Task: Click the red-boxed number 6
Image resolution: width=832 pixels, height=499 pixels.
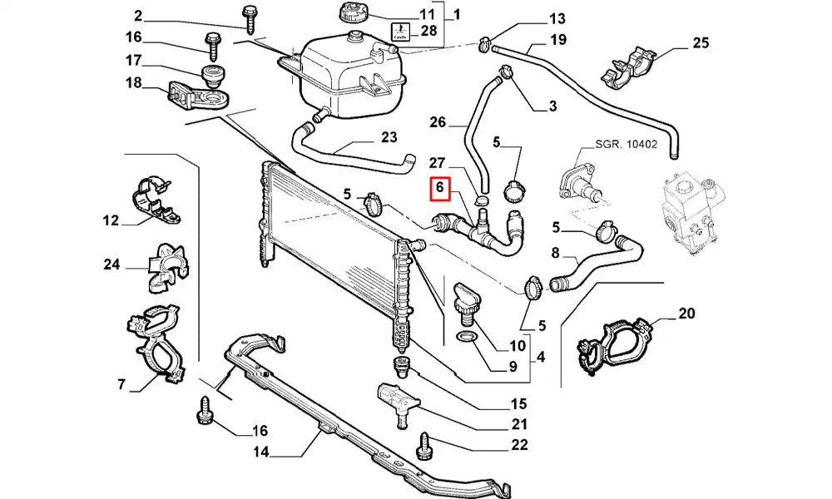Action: click(440, 191)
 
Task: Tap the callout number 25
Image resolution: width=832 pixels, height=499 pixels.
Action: click(700, 42)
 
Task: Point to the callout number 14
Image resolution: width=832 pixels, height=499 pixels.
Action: click(261, 453)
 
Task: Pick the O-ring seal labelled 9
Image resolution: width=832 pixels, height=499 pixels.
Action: click(468, 337)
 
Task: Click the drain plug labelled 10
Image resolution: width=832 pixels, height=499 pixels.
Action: click(466, 301)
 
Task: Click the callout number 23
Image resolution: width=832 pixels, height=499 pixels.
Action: click(389, 138)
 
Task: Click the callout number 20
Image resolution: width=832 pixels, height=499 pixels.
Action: click(686, 314)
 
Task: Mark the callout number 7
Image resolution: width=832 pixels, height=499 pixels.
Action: click(121, 384)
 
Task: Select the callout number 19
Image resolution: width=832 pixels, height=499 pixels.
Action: click(557, 40)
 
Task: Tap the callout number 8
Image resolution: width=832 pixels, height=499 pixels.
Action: click(556, 253)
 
